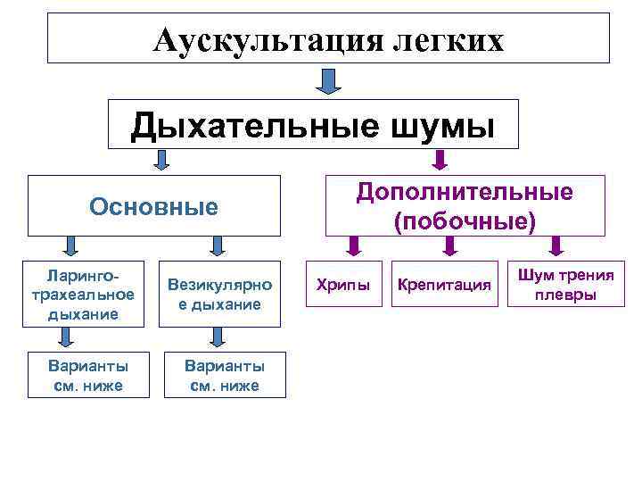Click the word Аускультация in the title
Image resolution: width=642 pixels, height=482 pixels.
(267, 40)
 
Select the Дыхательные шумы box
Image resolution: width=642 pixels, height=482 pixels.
(312, 125)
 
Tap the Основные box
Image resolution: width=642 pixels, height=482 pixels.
(153, 207)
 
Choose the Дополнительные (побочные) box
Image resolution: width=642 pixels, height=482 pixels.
(465, 206)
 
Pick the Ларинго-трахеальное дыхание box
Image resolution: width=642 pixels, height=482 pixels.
(81, 291)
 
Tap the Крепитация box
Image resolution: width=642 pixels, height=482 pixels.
(445, 285)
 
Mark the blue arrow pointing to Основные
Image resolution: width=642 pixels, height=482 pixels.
(161, 161)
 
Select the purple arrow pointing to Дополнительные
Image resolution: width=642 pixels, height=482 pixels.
(439, 161)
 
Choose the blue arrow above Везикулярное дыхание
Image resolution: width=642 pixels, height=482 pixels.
(217, 245)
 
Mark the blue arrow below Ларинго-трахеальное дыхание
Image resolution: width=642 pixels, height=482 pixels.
(67, 337)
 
